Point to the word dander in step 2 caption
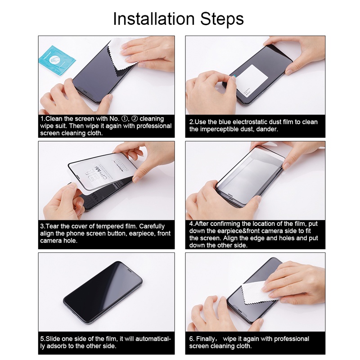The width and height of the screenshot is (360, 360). [267, 129]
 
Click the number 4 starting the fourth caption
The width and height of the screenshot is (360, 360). [191, 224]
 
